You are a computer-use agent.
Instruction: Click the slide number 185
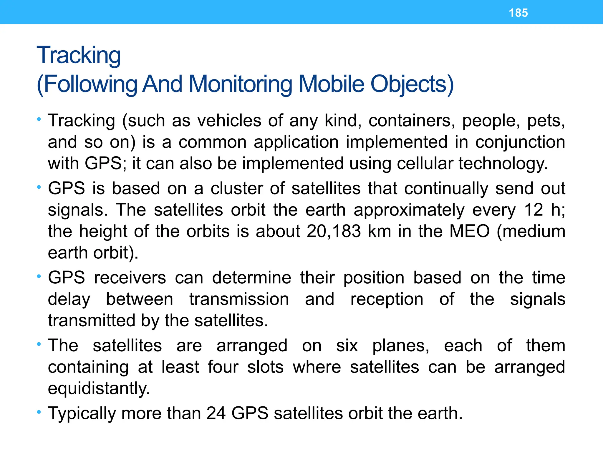518,13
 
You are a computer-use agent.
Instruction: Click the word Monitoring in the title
240,84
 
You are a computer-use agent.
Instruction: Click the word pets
546,121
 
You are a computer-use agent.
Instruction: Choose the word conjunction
520,142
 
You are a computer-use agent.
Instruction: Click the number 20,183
334,231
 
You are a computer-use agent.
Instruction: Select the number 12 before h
534,210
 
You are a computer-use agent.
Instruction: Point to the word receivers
130,278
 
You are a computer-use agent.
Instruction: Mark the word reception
387,300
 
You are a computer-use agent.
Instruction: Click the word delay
69,300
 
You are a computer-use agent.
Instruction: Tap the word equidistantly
99,388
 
